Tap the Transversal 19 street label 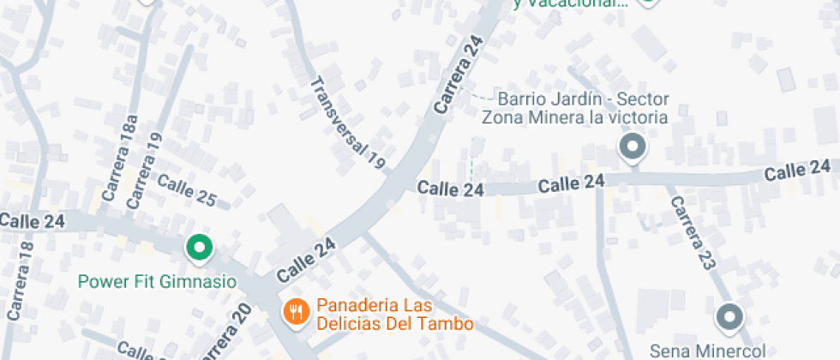348,121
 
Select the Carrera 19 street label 144,171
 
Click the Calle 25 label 186,189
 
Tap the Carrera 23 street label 692,233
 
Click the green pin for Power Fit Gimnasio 199,249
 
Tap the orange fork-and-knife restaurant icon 296,310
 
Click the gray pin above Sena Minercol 729,317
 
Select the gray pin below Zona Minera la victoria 633,147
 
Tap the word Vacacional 579,3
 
